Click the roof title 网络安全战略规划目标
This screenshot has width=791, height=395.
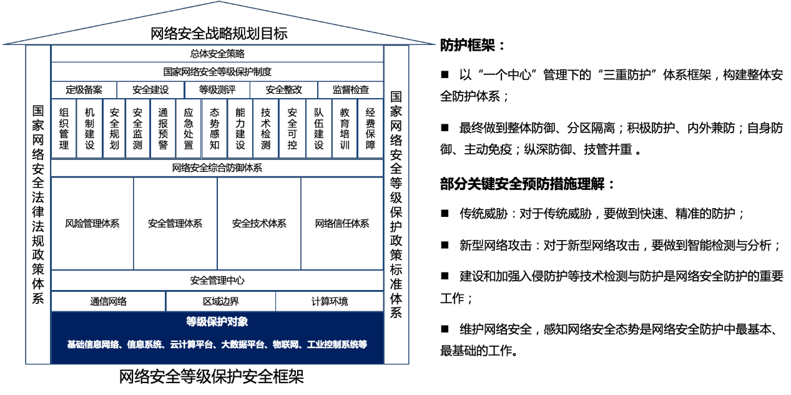[219, 34]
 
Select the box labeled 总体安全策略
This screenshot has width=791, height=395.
[217, 54]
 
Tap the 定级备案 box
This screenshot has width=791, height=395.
[84, 90]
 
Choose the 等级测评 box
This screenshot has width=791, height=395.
[217, 90]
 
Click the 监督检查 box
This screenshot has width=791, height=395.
[351, 90]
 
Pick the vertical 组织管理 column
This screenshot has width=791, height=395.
[64, 128]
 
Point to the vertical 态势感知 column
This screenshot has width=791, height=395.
[215, 128]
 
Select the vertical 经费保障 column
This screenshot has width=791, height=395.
[370, 128]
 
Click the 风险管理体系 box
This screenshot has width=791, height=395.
[92, 224]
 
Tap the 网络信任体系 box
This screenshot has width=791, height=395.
[342, 224]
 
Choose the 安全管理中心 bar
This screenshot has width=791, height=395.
[217, 281]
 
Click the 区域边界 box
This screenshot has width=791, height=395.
[221, 301]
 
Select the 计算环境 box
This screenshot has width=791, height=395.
[330, 301]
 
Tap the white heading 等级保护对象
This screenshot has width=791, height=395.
[217, 322]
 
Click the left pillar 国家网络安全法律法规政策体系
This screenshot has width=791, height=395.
[38, 204]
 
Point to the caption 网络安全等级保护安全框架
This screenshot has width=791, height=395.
[211, 377]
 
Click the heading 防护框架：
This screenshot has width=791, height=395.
[473, 46]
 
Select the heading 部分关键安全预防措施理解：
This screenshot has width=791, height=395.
[527, 184]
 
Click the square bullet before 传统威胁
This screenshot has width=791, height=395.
[445, 213]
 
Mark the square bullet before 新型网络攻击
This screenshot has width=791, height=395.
[445, 245]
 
